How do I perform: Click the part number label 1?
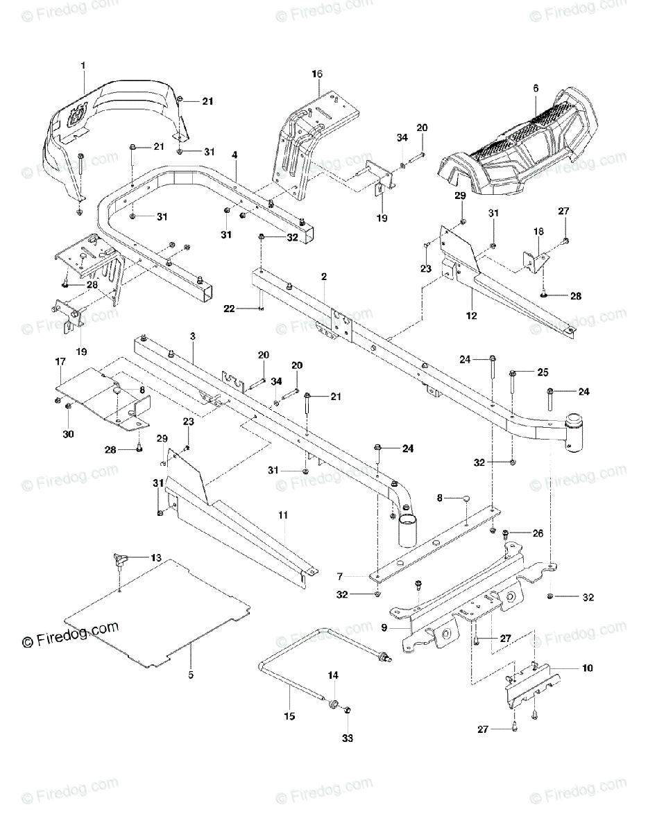(x=83, y=66)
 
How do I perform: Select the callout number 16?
(x=317, y=74)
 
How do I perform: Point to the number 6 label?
(x=536, y=88)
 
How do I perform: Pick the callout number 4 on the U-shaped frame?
(x=235, y=155)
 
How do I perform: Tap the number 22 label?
(x=229, y=309)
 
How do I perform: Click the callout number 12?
(x=472, y=315)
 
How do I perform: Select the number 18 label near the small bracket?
(x=538, y=232)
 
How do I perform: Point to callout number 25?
(x=543, y=372)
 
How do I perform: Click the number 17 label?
(x=60, y=361)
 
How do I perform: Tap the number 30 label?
(x=68, y=434)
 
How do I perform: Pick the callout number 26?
(x=538, y=533)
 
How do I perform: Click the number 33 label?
(x=348, y=738)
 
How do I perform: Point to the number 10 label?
(x=587, y=668)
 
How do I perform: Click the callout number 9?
(x=384, y=627)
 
